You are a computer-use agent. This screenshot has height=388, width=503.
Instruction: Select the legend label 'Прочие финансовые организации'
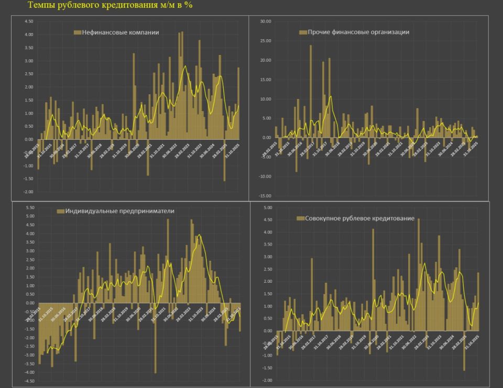pyautogui.click(x=358, y=32)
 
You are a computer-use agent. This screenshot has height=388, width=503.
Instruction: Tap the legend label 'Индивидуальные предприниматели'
pyautogui.click(x=120, y=211)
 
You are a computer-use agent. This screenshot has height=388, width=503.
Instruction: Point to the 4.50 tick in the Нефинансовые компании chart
pyautogui.click(x=29, y=21)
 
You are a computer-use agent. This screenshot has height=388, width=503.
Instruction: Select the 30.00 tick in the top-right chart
pyautogui.click(x=265, y=21)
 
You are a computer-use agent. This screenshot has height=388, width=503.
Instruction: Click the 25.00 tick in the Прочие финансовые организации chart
pyautogui.click(x=265, y=41)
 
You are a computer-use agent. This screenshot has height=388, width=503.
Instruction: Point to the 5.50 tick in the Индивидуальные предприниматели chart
pyautogui.click(x=29, y=207)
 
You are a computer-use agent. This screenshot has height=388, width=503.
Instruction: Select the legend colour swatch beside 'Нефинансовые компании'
pyautogui.click(x=78, y=32)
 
